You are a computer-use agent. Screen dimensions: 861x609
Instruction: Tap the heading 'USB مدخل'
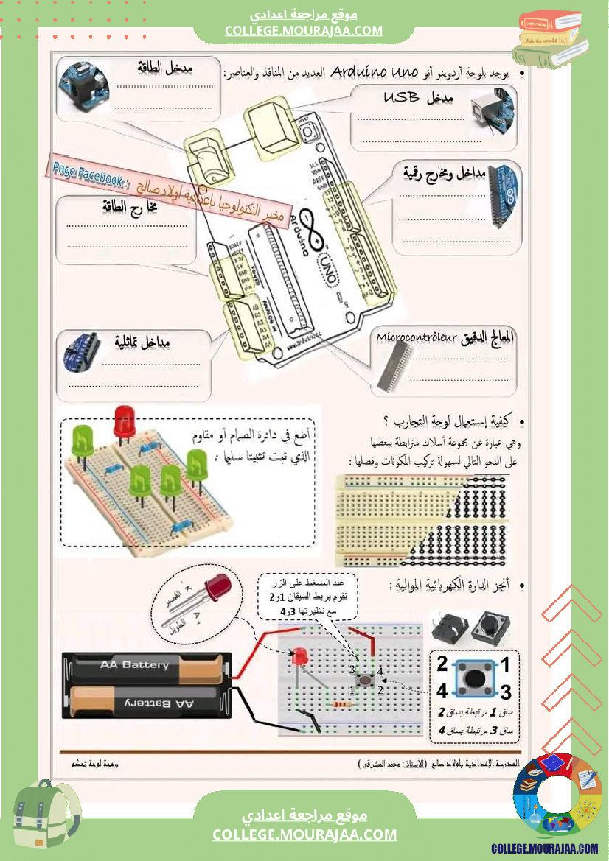click(x=418, y=98)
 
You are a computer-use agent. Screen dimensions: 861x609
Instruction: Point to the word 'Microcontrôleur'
click(x=417, y=337)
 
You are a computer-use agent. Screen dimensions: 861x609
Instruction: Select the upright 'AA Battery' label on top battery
click(x=135, y=664)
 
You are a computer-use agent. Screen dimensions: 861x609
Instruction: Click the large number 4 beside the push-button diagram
click(x=442, y=692)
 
